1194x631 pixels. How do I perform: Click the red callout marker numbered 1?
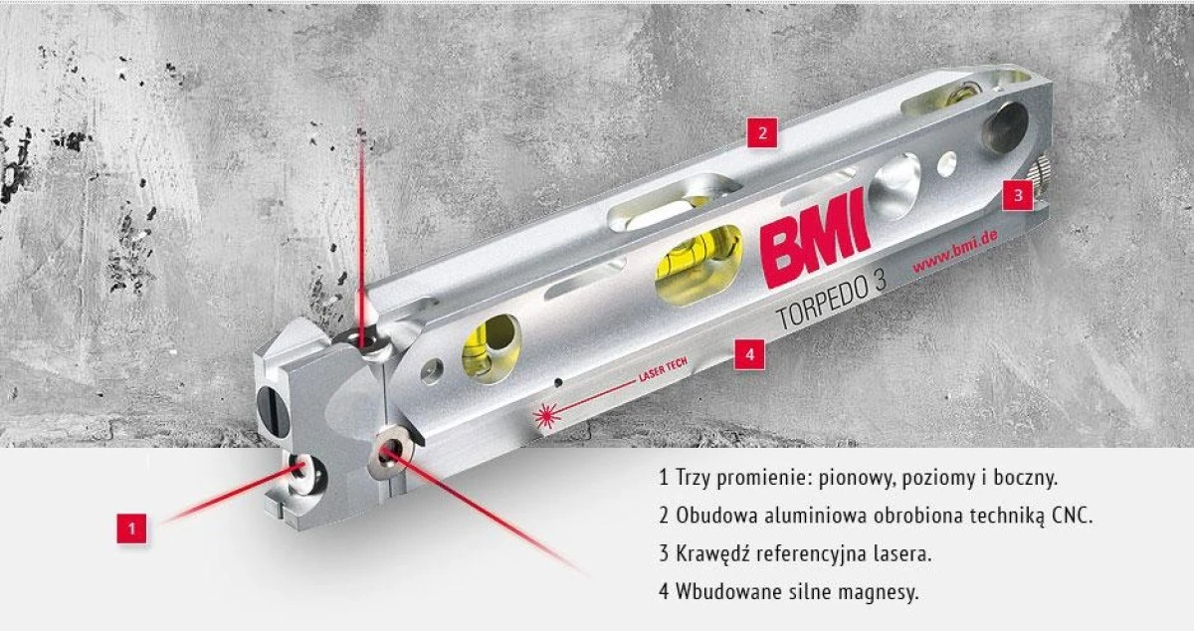pos(131,528)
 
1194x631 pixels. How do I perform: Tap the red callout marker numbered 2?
pos(762,132)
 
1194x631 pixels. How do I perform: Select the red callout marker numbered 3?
pos(1018,195)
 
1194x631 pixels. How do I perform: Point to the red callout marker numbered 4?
pos(749,354)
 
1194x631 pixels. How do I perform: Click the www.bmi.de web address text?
pos(954,253)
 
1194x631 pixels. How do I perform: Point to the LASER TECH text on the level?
pos(663,370)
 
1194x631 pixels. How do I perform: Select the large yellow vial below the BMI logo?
pos(698,265)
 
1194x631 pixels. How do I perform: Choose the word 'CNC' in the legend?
pos(1072,516)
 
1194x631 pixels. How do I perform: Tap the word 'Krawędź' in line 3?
pos(713,554)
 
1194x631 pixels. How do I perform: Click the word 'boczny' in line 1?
pos(1026,479)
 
